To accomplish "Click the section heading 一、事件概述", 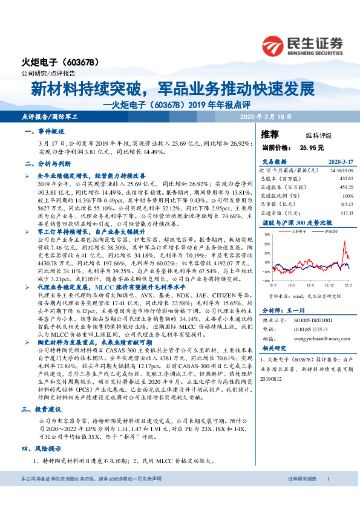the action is coord(44,131).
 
